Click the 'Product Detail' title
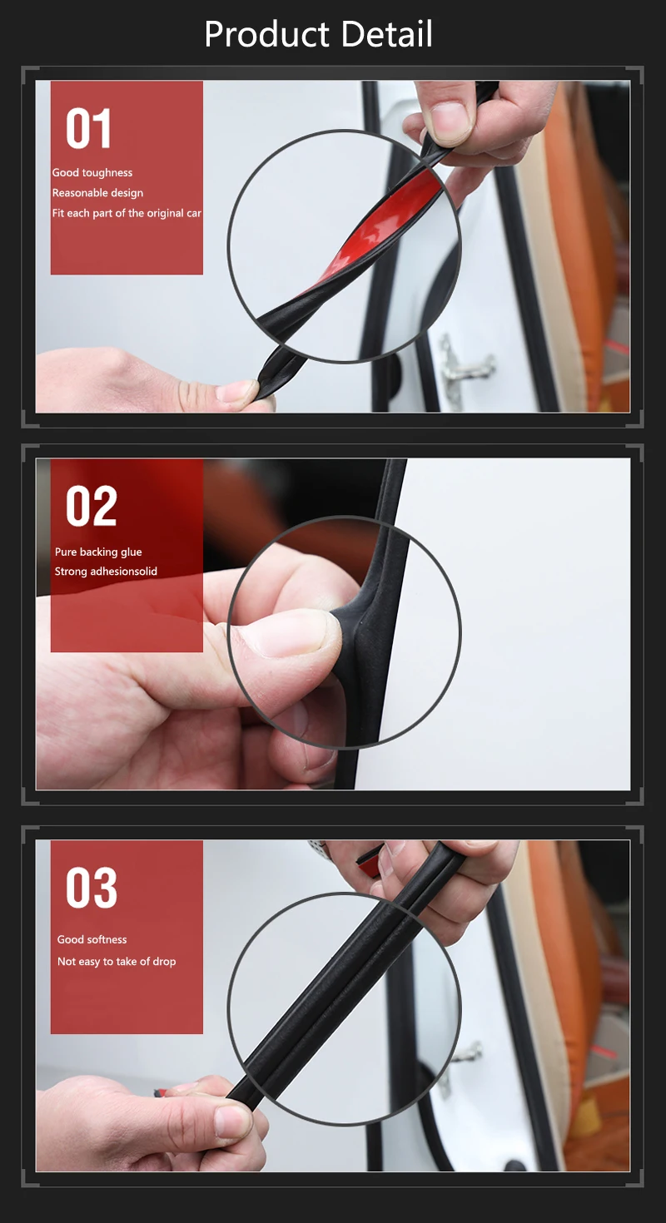(x=318, y=35)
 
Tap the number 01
(x=89, y=130)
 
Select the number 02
(x=92, y=507)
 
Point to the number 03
(x=92, y=888)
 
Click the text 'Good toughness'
(x=92, y=173)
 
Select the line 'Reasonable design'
(x=97, y=193)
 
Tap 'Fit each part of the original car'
(x=127, y=214)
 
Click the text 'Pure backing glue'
(x=98, y=552)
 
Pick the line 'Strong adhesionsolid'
(x=106, y=572)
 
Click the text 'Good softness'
(x=92, y=939)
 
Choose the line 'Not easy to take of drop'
(x=117, y=962)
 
